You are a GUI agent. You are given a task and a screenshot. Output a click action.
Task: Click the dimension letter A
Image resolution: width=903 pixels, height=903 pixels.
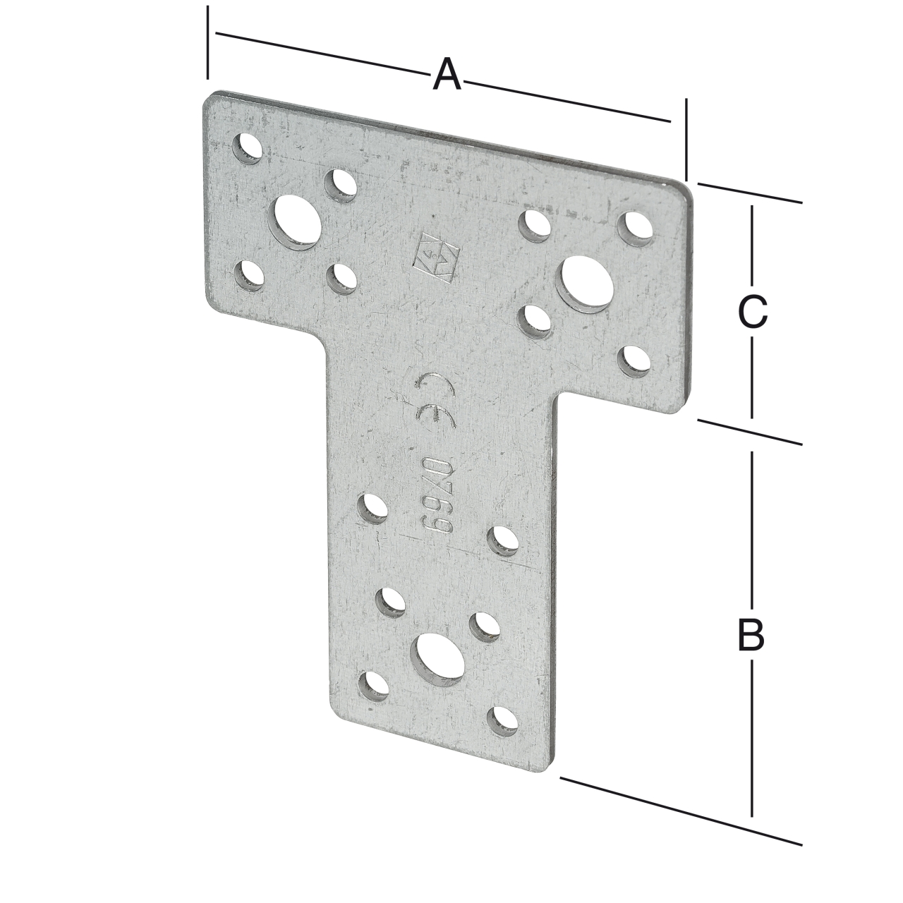[x=447, y=75]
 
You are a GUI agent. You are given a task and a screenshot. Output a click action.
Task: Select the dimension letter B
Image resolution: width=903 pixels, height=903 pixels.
[x=751, y=635]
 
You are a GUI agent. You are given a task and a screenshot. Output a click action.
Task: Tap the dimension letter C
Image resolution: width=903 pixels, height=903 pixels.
[x=752, y=312]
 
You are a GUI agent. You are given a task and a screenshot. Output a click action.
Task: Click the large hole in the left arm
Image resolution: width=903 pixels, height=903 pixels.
[x=298, y=222]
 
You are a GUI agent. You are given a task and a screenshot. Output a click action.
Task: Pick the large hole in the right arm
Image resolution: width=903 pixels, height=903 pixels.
[x=586, y=283]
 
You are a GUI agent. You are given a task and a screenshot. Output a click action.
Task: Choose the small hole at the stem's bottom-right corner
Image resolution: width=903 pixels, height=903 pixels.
[x=504, y=720]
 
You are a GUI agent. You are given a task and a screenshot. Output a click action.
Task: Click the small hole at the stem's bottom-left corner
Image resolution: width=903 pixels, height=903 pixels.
[x=374, y=686]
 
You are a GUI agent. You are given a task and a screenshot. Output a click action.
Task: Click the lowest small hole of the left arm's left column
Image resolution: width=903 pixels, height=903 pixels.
[x=248, y=275]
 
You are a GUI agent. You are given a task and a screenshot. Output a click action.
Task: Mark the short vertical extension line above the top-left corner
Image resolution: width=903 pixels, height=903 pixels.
[x=207, y=42]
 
